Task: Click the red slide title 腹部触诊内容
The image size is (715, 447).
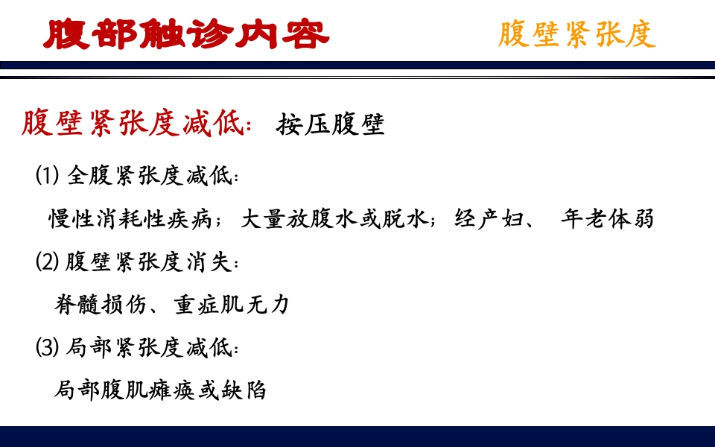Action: pos(186,34)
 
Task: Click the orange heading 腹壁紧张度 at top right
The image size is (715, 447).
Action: pos(576,34)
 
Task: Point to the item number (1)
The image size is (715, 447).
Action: pos(47,177)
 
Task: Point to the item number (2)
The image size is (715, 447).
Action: pos(47,262)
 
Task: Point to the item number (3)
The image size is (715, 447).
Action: pos(47,347)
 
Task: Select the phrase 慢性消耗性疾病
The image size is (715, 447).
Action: pos(129,219)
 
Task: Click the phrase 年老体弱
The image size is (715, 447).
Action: pos(607,219)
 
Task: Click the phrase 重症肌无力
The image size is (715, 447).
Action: pos(232,305)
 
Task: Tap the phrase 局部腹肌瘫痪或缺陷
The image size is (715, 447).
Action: pos(160,390)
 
